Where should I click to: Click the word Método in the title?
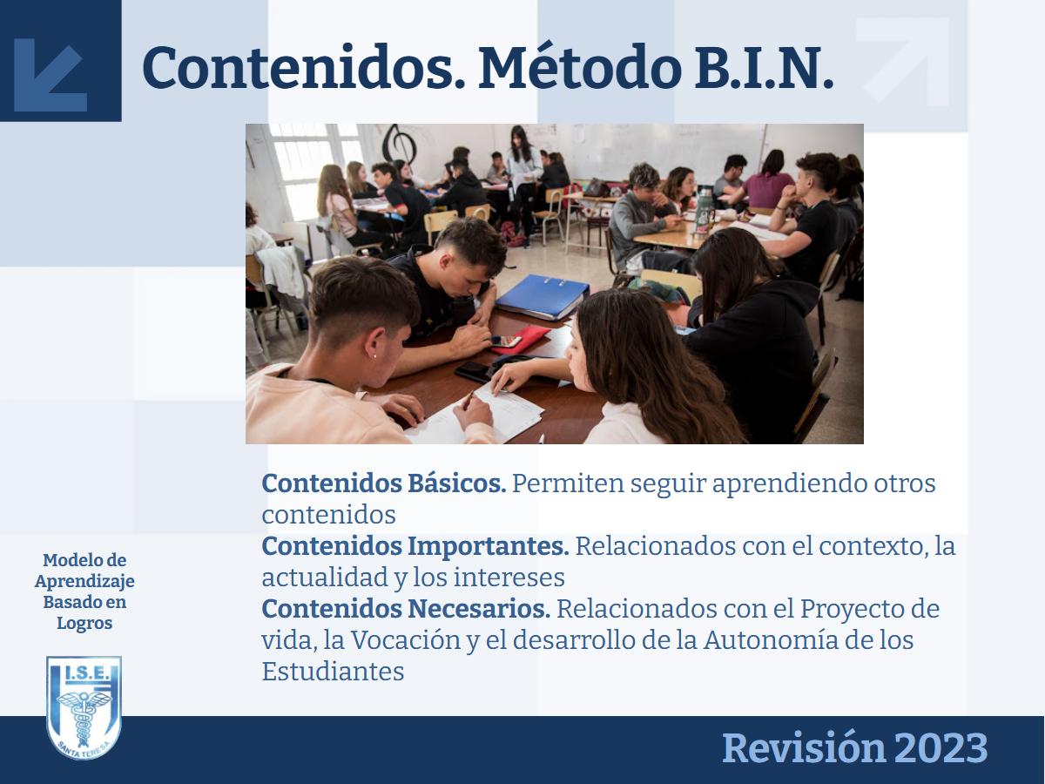580,68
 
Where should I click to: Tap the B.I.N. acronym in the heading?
764,68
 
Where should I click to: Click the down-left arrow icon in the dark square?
51,75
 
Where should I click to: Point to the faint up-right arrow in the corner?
903,62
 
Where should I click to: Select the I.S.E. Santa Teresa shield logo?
84,707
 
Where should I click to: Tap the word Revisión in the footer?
804,747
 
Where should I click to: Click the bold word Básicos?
457,483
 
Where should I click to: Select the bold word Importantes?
489,546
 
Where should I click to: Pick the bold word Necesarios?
479,608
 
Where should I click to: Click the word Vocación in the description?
406,641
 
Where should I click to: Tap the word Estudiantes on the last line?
333,671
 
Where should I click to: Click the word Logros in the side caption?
84,624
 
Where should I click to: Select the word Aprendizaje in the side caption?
84,582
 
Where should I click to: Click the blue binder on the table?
543,296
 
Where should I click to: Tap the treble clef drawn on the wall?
399,144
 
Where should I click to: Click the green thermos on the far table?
705,213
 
